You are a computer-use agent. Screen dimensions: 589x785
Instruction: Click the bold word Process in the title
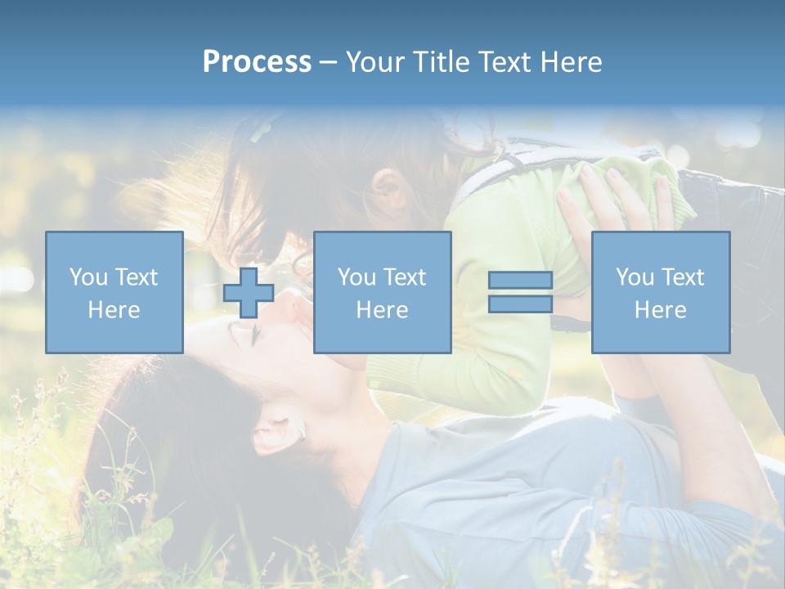pyautogui.click(x=257, y=62)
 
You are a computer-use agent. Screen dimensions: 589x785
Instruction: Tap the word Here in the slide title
pyautogui.click(x=570, y=62)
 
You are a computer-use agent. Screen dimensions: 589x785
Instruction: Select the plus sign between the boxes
pyautogui.click(x=249, y=293)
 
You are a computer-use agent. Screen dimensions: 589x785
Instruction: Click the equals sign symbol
pyautogui.click(x=520, y=292)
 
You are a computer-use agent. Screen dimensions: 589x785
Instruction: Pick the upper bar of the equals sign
pyautogui.click(x=520, y=281)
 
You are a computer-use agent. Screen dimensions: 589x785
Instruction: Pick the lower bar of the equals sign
pyautogui.click(x=520, y=303)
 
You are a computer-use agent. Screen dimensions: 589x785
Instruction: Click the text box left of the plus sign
pyautogui.click(x=114, y=292)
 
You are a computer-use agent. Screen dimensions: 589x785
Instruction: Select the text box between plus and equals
pyautogui.click(x=382, y=292)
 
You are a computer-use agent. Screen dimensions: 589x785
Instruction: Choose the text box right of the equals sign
pyautogui.click(x=660, y=292)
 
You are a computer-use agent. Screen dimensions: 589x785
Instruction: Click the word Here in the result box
pyautogui.click(x=660, y=309)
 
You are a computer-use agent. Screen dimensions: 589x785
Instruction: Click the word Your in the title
pyautogui.click(x=373, y=62)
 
